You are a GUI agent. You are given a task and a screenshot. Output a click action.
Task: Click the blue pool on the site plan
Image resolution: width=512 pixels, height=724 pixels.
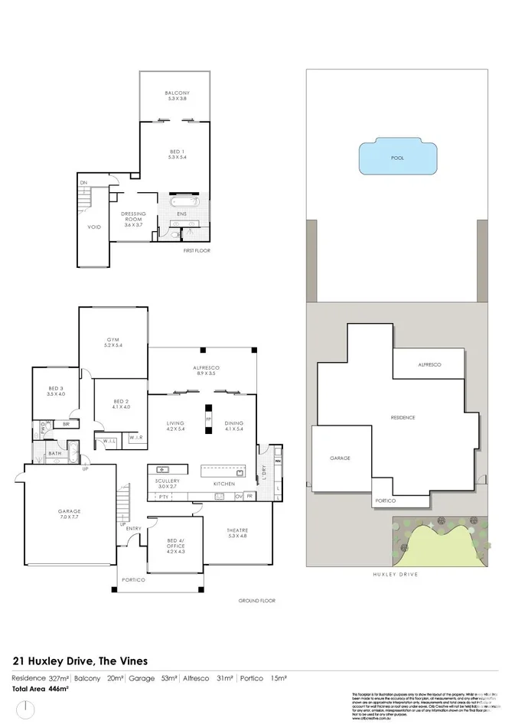pos(396,158)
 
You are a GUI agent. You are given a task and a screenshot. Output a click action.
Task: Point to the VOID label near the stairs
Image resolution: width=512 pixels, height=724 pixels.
pos(95,227)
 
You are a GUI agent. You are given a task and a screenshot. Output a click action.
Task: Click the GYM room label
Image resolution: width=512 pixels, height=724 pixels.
pos(114,342)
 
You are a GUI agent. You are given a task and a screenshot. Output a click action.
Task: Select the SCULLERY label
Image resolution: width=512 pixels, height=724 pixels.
pos(168,482)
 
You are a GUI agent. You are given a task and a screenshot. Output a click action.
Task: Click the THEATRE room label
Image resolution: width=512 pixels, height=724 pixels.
pos(237,533)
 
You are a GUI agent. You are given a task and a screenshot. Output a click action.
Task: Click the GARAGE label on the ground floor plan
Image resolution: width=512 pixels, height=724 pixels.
pos(70,514)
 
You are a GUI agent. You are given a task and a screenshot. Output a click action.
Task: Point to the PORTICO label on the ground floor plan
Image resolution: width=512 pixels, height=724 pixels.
pos(133,579)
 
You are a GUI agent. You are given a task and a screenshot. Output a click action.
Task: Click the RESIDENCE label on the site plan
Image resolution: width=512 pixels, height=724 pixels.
pos(403,417)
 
